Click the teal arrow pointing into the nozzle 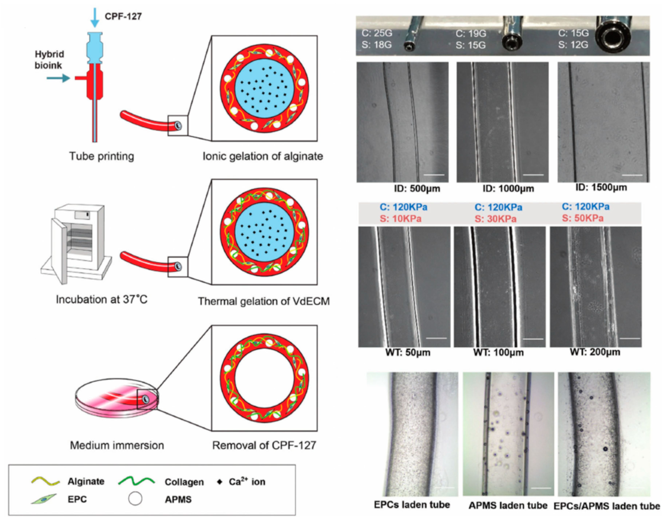58,78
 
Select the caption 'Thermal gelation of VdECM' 264,301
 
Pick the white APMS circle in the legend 135,499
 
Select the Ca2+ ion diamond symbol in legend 220,482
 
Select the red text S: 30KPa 495,219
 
